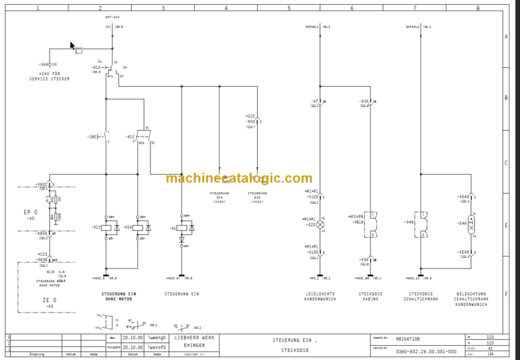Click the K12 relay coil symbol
click(107, 227)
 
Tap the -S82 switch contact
click(105, 137)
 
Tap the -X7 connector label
click(315, 101)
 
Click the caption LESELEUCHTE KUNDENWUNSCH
click(320, 296)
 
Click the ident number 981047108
click(408, 338)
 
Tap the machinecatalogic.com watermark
click(239, 179)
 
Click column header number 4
click(226, 7)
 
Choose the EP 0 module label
click(30, 212)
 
